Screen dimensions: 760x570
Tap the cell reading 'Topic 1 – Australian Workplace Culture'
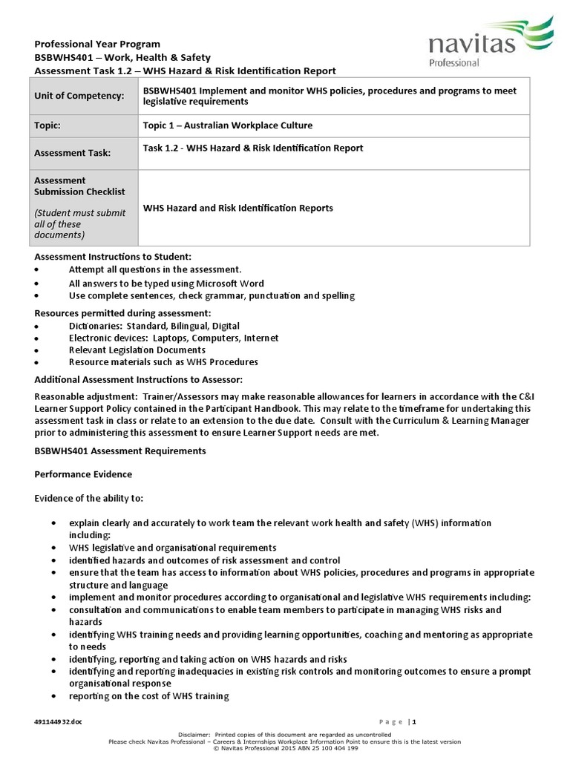point(228,125)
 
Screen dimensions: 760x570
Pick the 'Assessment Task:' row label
point(72,153)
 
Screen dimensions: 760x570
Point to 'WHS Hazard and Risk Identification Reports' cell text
point(238,208)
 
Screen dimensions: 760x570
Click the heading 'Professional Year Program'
point(97,45)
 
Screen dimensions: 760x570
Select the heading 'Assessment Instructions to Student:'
point(113,257)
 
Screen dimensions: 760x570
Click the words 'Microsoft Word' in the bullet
point(230,284)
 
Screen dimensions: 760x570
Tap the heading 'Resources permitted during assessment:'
point(122,313)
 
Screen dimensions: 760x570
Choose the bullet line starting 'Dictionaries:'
point(154,326)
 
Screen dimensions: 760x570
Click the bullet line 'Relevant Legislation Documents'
point(137,350)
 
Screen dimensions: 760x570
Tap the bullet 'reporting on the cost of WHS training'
point(149,696)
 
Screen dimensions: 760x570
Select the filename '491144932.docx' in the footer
point(59,721)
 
